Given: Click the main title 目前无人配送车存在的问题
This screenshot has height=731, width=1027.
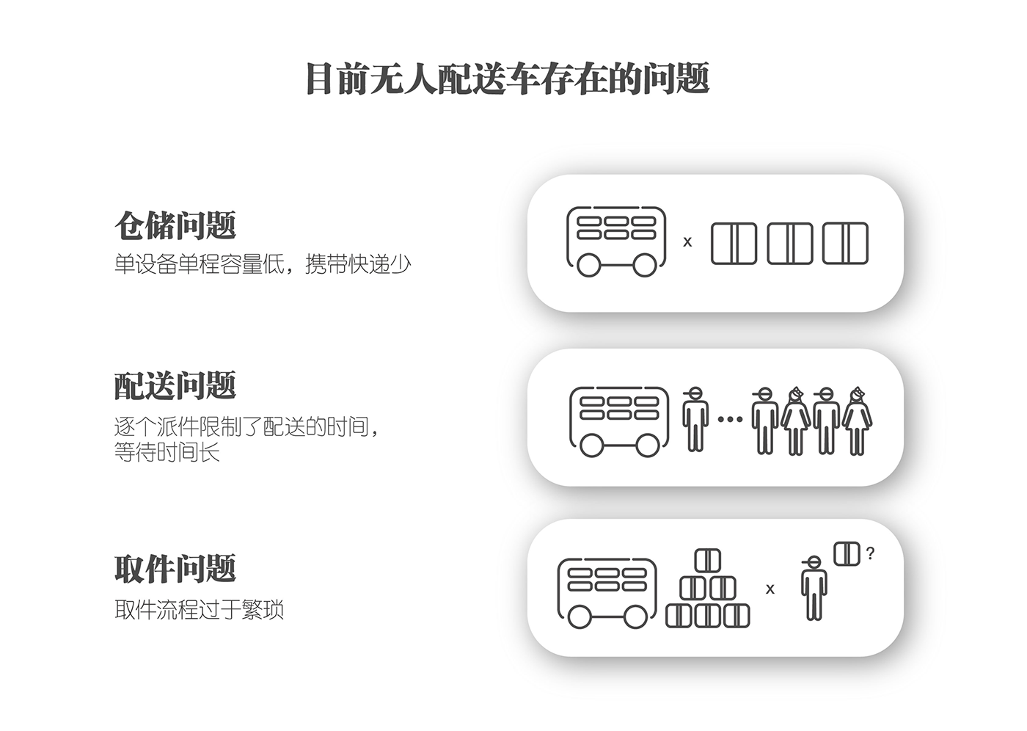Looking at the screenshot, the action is click(508, 79).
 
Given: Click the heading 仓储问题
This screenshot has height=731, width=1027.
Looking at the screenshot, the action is click(175, 225).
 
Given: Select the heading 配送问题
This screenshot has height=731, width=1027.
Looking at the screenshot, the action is click(175, 385).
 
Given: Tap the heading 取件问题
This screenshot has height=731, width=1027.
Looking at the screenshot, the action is click(175, 569).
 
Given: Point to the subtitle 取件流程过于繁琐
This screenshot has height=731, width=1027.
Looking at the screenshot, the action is click(199, 610).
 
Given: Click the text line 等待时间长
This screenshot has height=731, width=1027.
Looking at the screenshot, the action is click(167, 452).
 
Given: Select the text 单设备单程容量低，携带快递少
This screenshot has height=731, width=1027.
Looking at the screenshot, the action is click(263, 264).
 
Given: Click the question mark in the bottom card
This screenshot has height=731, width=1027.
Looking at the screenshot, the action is click(870, 553).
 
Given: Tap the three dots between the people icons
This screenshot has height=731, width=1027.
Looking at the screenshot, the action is click(730, 420).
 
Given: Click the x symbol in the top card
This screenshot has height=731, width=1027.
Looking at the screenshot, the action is click(687, 241).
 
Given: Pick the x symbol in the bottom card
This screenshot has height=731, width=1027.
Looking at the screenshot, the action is click(770, 589).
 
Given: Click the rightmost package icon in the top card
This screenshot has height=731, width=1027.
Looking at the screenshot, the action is click(845, 244).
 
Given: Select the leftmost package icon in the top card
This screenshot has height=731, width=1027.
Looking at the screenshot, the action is click(734, 244).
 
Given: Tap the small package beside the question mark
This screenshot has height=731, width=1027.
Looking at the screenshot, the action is click(847, 553).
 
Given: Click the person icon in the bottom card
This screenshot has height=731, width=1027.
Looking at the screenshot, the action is click(813, 589).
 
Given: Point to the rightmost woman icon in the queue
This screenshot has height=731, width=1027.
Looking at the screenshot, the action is click(856, 421).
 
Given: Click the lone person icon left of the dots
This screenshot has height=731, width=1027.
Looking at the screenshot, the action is click(694, 419).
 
